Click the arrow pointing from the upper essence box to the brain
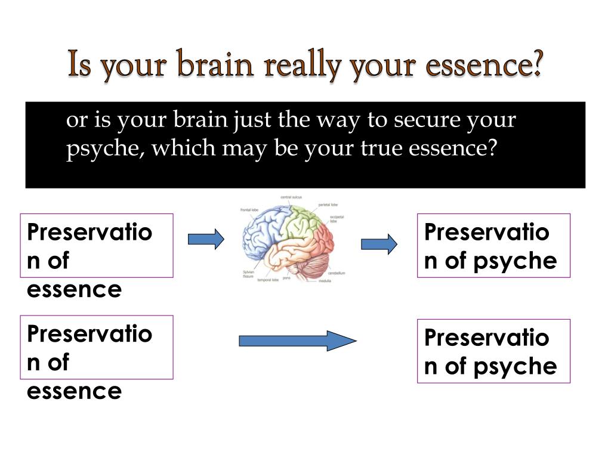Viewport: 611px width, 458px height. (x=206, y=240)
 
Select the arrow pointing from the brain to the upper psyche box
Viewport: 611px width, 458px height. (x=379, y=244)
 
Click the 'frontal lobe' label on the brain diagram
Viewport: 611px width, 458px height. (x=249, y=210)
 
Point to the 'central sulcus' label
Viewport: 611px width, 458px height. (x=291, y=197)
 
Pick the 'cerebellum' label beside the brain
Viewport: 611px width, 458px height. (x=337, y=273)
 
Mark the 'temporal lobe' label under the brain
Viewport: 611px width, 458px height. (x=268, y=280)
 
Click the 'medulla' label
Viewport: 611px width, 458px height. (x=325, y=280)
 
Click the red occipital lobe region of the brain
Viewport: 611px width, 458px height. (x=325, y=239)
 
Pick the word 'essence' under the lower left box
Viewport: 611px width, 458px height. (x=74, y=391)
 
